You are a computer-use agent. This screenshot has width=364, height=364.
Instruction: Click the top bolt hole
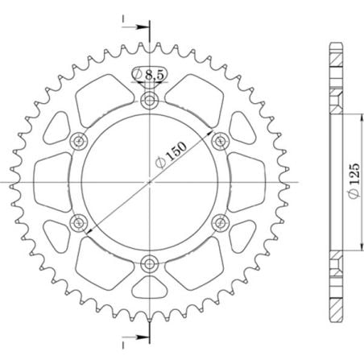click(x=150, y=101)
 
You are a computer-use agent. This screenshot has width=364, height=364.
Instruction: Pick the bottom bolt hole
click(x=150, y=263)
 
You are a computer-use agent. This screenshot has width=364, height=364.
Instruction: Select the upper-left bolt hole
click(x=79, y=142)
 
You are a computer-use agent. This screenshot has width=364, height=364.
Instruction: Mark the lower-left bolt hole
click(x=79, y=222)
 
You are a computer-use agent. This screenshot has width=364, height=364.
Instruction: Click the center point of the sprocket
click(x=150, y=182)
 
